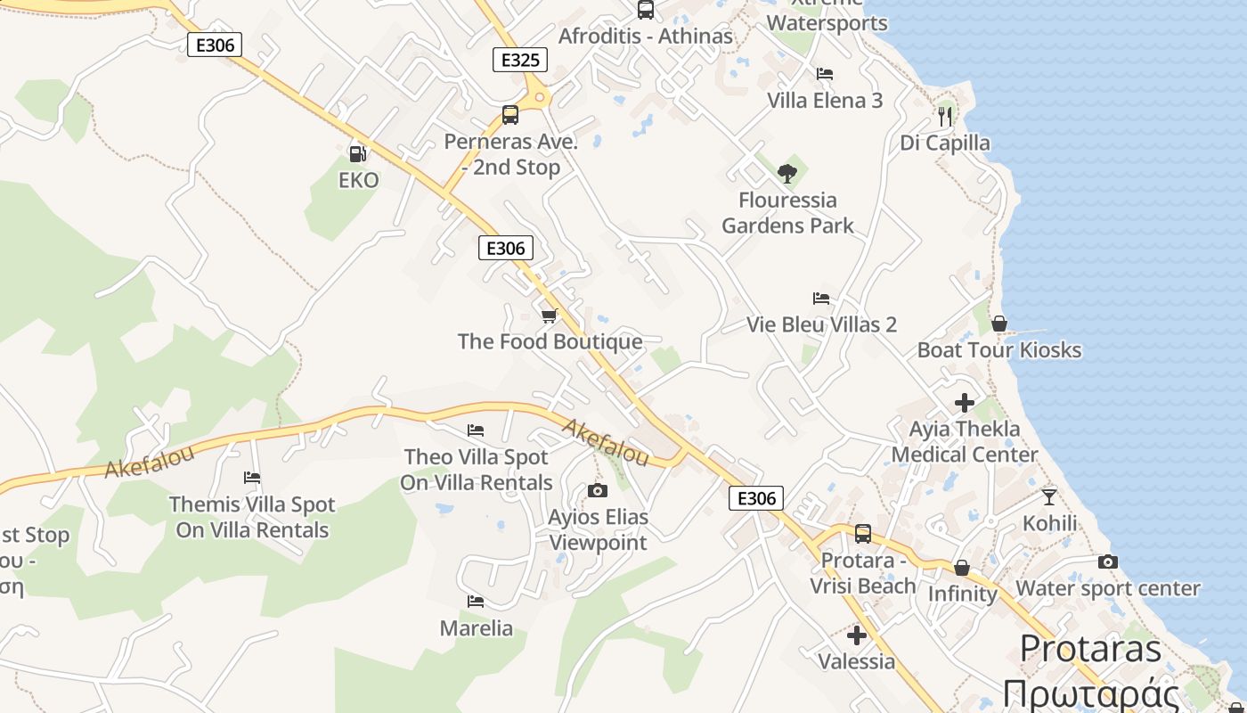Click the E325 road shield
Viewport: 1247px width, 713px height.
point(520,61)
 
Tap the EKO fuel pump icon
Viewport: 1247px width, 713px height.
point(358,153)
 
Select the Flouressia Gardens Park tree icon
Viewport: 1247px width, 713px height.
point(787,173)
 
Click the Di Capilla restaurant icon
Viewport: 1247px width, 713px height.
point(945,116)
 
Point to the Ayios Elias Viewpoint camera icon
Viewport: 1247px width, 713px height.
point(598,490)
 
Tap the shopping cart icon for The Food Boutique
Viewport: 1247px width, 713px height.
point(550,316)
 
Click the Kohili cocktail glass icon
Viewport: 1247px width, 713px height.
point(1049,496)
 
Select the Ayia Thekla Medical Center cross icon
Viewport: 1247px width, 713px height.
point(964,403)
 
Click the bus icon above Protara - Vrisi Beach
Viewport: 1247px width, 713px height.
point(862,534)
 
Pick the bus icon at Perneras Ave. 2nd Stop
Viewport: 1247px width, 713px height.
point(509,115)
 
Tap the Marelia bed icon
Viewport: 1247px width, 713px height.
point(476,602)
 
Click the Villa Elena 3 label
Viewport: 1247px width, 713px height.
point(825,100)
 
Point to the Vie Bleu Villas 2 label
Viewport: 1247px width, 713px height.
point(821,324)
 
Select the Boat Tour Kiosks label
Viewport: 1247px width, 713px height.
point(999,349)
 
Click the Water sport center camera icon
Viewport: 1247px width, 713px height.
point(1107,561)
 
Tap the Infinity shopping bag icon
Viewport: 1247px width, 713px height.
point(962,568)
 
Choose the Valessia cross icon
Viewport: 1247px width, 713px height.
point(857,635)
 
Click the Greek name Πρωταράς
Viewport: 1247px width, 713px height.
point(1091,693)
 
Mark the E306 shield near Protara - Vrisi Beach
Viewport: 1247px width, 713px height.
point(756,498)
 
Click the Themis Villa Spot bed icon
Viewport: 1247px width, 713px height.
point(252,478)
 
